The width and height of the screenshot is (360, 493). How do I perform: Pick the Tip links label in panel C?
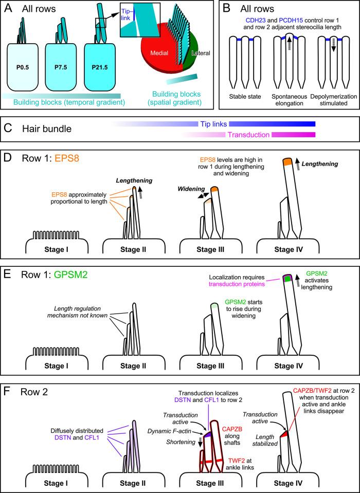pyautogui.click(x=213, y=124)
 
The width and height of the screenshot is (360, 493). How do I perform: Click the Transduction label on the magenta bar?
pyautogui.click(x=248, y=135)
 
